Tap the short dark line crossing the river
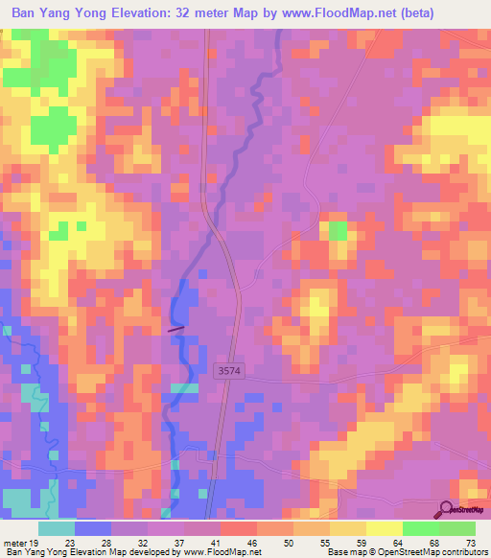click(175, 329)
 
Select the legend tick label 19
click(35, 543)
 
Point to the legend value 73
click(469, 543)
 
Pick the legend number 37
click(177, 543)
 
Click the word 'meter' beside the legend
click(13, 543)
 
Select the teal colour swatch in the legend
click(57, 528)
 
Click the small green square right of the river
click(339, 230)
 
